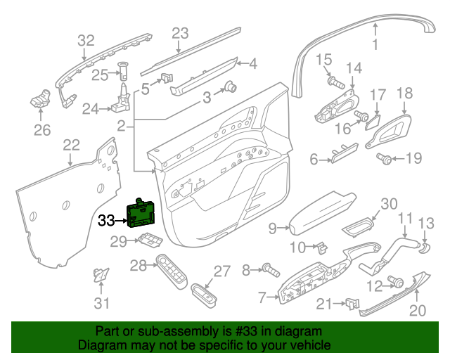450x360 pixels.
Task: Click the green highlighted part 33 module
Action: pyautogui.click(x=143, y=214)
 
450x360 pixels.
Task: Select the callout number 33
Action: pyautogui.click(x=106, y=221)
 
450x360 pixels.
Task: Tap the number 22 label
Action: pyautogui.click(x=71, y=146)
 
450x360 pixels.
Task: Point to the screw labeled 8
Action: pyautogui.click(x=269, y=269)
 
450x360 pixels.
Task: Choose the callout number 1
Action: pyautogui.click(x=375, y=45)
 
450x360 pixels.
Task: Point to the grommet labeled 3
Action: pyautogui.click(x=229, y=87)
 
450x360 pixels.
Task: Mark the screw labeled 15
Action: pyautogui.click(x=333, y=82)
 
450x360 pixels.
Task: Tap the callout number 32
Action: pyautogui.click(x=85, y=40)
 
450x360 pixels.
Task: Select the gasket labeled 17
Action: pyautogui.click(x=371, y=124)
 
